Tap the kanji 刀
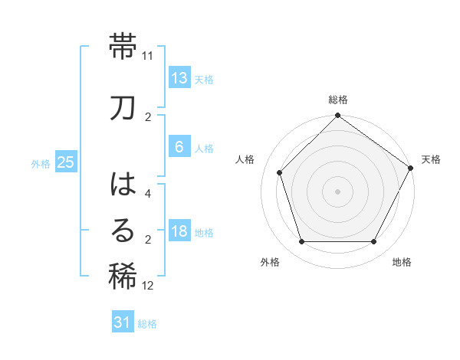click(x=123, y=107)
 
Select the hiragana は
click(x=123, y=185)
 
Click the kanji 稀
click(x=123, y=277)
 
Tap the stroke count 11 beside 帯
click(x=148, y=56)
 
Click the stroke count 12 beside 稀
click(x=148, y=286)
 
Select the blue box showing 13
click(x=179, y=78)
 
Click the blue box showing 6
click(x=179, y=148)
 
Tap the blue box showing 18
click(x=179, y=232)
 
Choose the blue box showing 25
click(x=65, y=162)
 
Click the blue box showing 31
click(x=123, y=322)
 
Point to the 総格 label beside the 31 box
click(x=147, y=324)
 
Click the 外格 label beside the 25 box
click(x=41, y=164)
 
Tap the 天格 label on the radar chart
click(x=431, y=159)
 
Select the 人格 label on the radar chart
click(x=245, y=159)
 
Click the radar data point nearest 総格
click(x=337, y=116)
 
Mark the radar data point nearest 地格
click(x=374, y=242)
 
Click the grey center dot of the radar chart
click(x=337, y=191)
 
